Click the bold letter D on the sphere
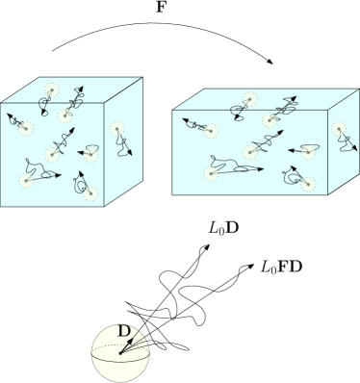click(123, 333)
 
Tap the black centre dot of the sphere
click(120, 351)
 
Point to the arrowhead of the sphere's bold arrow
click(133, 338)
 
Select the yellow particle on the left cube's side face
click(116, 129)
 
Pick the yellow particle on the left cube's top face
click(52, 91)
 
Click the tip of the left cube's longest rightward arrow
click(62, 174)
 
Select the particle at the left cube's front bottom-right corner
click(91, 193)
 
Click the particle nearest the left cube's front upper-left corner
click(26, 127)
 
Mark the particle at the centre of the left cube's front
click(53, 153)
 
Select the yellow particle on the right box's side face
click(337, 129)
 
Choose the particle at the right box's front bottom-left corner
click(209, 172)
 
